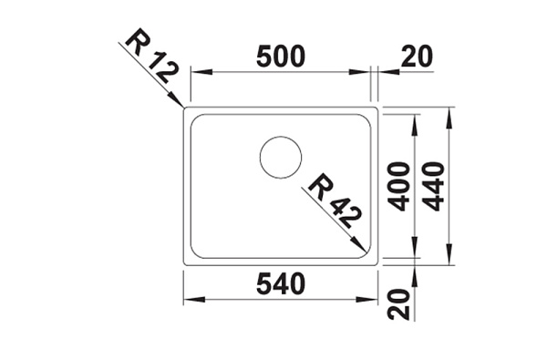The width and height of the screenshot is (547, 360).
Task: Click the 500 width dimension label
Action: coord(281,57)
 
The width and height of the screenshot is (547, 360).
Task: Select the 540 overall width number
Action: coord(281,284)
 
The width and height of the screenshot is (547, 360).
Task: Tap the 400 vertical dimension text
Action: coord(398,187)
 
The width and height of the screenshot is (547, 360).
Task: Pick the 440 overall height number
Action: coord(435,187)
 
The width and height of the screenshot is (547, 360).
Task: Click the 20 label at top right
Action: coord(417,57)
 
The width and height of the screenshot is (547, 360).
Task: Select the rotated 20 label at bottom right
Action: coord(398,304)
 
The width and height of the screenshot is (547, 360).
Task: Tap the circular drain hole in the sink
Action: coord(281,158)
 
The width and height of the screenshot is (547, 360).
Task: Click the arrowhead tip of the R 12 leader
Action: coord(183,107)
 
